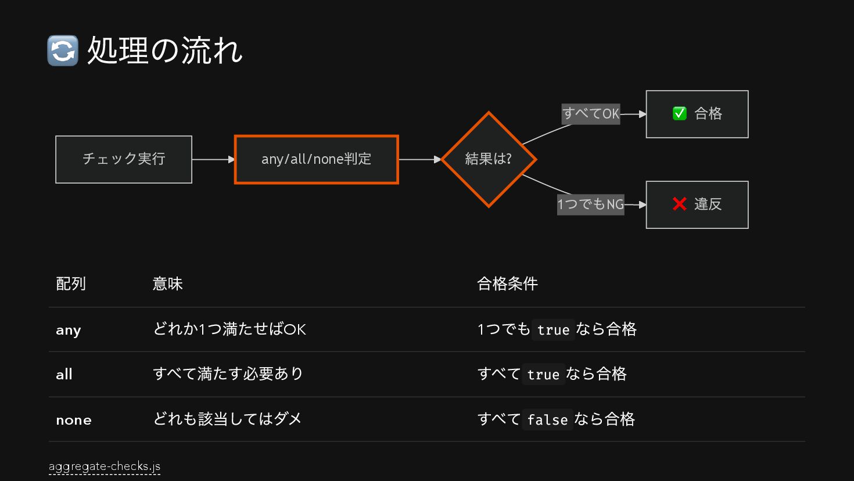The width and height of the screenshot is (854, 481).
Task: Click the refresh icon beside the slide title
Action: click(x=63, y=51)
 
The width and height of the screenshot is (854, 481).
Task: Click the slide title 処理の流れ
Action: click(x=165, y=51)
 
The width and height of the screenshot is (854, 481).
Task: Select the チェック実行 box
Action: click(x=124, y=159)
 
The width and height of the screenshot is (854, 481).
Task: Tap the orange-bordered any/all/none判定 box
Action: click(x=316, y=159)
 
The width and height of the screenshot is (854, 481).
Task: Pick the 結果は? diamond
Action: click(x=489, y=159)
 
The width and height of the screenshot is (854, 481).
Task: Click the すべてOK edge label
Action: click(x=591, y=113)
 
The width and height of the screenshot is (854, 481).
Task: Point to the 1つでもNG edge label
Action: click(x=591, y=204)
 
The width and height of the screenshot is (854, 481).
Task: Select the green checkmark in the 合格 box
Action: click(x=679, y=113)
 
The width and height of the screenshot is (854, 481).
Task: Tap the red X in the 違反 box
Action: click(x=679, y=204)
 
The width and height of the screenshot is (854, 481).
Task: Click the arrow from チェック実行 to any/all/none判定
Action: click(x=213, y=159)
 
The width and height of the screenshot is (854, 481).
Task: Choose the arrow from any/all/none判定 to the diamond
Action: click(x=419, y=159)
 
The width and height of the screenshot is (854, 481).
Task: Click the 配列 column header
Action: click(x=71, y=283)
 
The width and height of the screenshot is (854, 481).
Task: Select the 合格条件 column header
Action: click(x=507, y=283)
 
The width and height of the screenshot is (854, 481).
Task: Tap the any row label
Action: click(x=69, y=330)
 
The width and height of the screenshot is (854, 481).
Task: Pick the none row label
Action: click(x=74, y=420)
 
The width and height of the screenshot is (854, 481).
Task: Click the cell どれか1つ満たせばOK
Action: click(x=229, y=329)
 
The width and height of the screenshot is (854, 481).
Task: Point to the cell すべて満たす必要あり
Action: click(x=228, y=374)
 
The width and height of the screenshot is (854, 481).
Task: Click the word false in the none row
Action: click(x=547, y=419)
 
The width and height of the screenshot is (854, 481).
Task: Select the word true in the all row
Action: click(x=543, y=375)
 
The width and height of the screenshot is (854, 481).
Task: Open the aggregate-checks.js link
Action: click(x=105, y=466)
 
